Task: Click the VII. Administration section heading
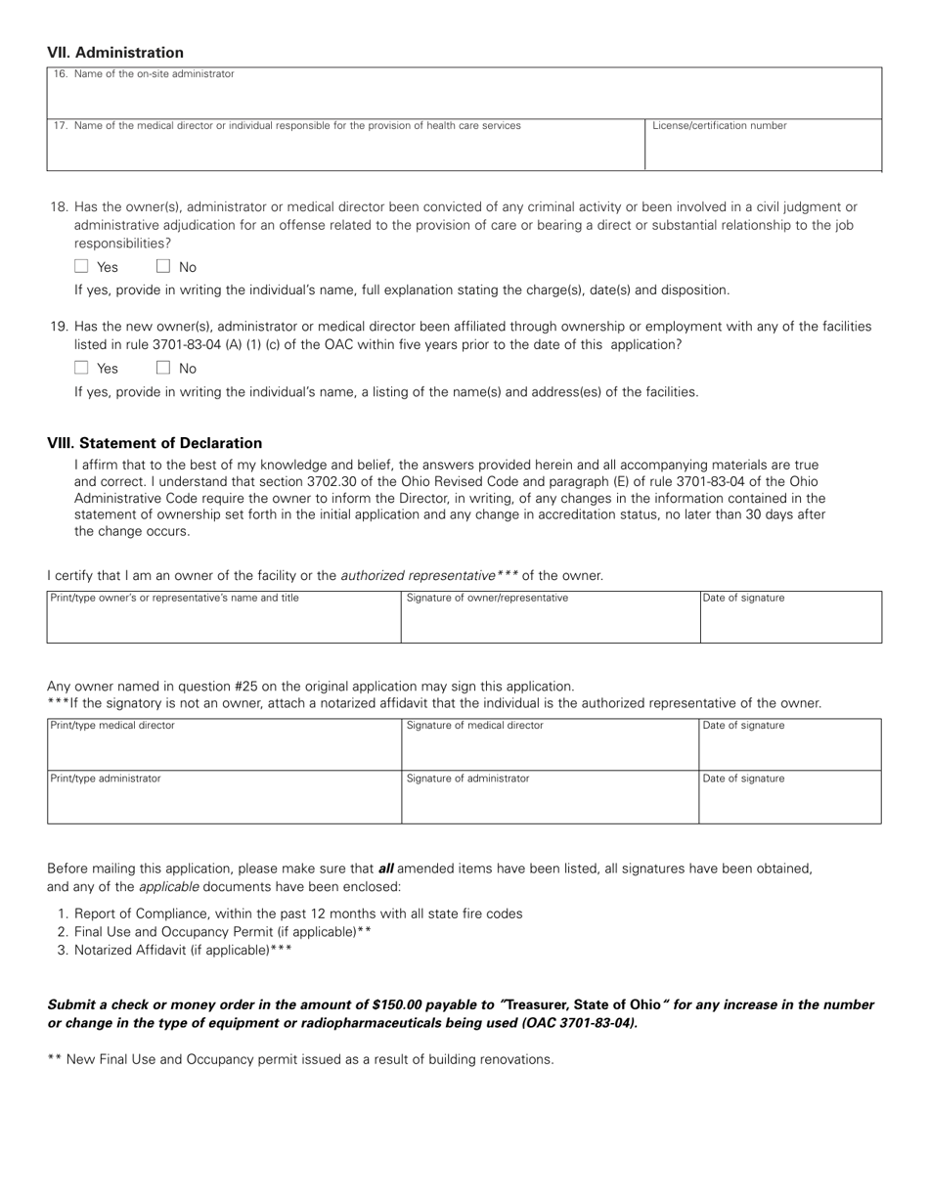pos(115,53)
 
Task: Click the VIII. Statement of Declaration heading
pos(155,443)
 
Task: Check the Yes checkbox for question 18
pos(82,267)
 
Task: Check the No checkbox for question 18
pos(163,267)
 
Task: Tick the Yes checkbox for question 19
pos(82,369)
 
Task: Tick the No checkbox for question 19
pos(163,369)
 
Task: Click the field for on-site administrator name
pos(464,95)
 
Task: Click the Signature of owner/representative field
pos(551,621)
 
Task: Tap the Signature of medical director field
pos(551,748)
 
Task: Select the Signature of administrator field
pos(551,802)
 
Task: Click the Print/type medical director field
pos(224,748)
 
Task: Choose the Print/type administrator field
pos(224,802)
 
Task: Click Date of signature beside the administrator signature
pos(790,802)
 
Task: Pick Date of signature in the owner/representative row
pos(790,621)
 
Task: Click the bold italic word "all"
pos(385,868)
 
